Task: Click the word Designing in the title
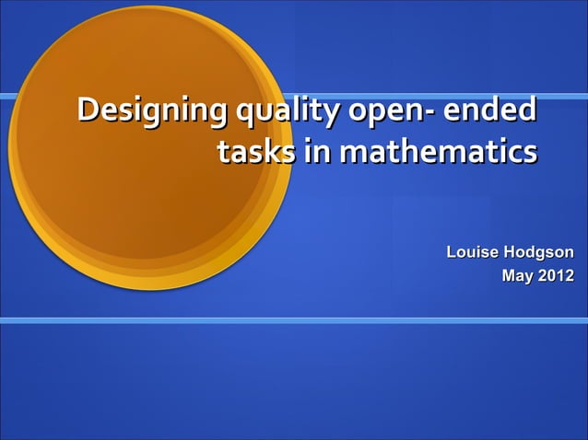click(x=152, y=113)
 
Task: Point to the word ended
click(x=490, y=111)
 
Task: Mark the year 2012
click(x=556, y=274)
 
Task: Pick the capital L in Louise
click(x=452, y=252)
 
